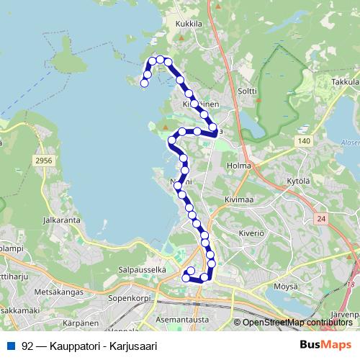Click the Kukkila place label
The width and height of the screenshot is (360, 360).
pos(186,23)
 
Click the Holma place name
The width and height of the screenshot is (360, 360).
pos(238,166)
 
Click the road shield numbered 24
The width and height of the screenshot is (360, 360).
pos(321,218)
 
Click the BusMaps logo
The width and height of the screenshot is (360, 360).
pos(326,345)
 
